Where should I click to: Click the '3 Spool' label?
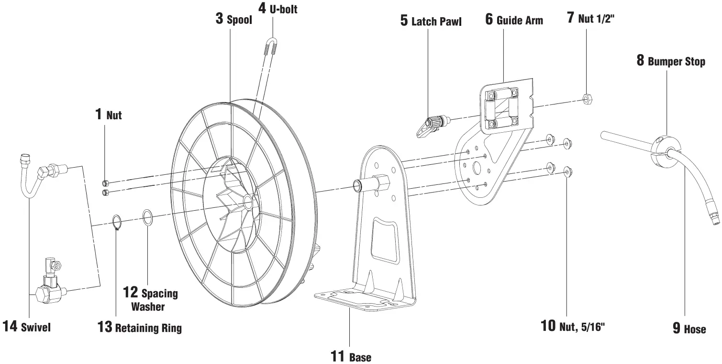coord(233,20)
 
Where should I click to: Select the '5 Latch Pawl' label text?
coord(431,22)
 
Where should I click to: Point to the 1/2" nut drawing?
coord(588,99)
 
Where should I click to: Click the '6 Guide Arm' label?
coord(514,20)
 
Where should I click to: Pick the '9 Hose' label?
coord(689,329)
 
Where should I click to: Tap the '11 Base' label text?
coord(351,357)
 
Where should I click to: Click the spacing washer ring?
coord(148,217)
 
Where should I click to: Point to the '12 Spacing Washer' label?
coord(150,299)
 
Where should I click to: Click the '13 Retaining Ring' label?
coord(139,328)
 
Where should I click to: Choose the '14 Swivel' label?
coord(26,327)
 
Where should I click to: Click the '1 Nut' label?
coord(108,114)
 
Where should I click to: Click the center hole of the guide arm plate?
coord(476,168)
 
